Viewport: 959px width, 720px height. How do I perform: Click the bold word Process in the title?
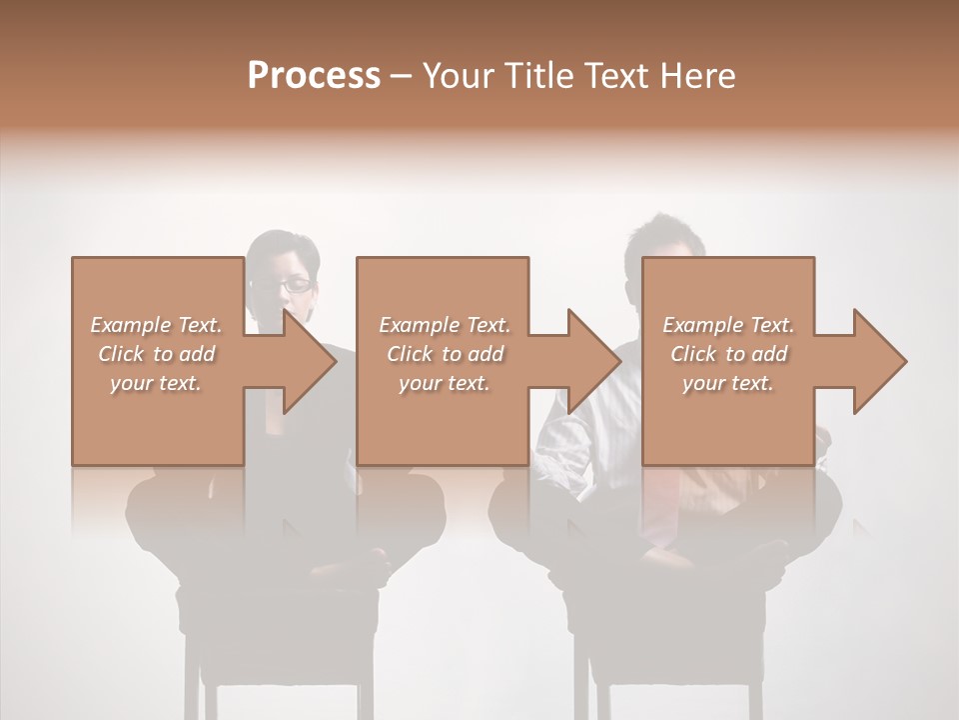point(314,75)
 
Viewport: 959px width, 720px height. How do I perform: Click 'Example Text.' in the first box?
point(156,324)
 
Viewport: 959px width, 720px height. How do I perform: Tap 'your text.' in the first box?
point(156,382)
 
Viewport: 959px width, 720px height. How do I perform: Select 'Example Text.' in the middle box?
point(445,324)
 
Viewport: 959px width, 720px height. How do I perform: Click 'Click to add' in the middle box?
point(445,353)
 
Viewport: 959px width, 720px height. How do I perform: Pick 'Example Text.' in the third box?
point(728,324)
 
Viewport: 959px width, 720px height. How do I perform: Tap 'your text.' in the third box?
point(728,382)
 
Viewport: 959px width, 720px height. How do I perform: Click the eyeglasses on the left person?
point(283,285)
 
